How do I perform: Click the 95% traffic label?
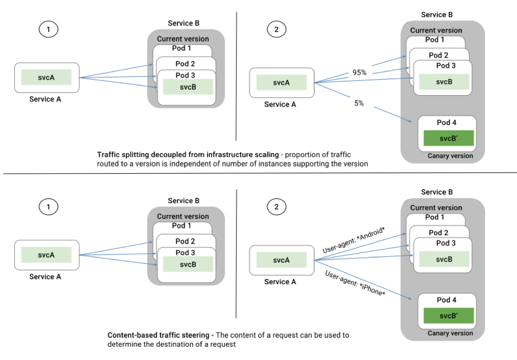click(359, 72)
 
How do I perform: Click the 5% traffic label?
click(359, 103)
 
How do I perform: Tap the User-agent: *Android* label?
click(354, 240)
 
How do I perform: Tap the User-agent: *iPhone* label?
click(355, 283)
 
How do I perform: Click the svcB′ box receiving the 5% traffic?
click(448, 139)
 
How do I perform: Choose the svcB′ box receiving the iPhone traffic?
click(448, 316)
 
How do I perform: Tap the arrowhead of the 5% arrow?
click(410, 121)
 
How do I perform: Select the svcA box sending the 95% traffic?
click(281, 82)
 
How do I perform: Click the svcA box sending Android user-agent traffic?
click(281, 260)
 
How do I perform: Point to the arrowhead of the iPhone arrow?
click(410, 298)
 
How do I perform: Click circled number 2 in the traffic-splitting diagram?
click(276, 29)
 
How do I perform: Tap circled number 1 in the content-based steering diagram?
click(48, 207)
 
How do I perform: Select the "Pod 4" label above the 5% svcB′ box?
click(447, 123)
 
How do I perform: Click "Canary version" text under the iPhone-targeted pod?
click(450, 333)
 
